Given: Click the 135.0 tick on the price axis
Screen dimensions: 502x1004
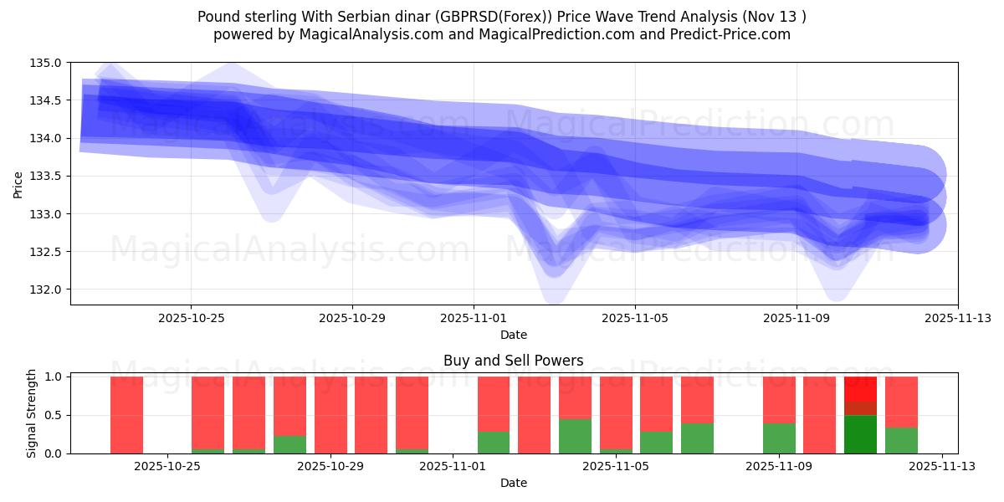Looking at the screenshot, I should pyautogui.click(x=46, y=63).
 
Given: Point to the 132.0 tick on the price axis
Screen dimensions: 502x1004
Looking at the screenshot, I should pyautogui.click(x=46, y=289).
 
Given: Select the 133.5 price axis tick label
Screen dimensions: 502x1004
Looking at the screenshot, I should pyautogui.click(x=46, y=176).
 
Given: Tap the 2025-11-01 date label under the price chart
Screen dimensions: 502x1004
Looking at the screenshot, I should pyautogui.click(x=474, y=318).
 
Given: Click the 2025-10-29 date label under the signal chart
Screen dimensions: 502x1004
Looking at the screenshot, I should pyautogui.click(x=331, y=467).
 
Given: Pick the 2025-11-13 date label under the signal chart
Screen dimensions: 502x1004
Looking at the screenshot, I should pyautogui.click(x=942, y=467).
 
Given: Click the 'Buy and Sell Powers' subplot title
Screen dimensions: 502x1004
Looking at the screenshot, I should pyautogui.click(x=513, y=361).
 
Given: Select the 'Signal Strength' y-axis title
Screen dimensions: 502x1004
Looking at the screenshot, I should pyautogui.click(x=33, y=413).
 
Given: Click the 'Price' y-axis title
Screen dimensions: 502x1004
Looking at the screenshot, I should pyautogui.click(x=18, y=183).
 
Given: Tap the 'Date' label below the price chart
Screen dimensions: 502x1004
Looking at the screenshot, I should pyautogui.click(x=513, y=335).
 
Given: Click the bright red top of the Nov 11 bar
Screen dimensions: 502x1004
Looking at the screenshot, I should pyautogui.click(x=860, y=388).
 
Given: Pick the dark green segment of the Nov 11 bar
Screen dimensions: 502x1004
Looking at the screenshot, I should pyautogui.click(x=860, y=434).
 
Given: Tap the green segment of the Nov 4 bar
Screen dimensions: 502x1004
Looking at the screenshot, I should pyautogui.click(x=616, y=451).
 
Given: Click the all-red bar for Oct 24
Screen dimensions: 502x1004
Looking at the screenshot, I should pyautogui.click(x=127, y=415).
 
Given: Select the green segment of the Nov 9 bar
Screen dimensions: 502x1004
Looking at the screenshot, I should pyautogui.click(x=779, y=438).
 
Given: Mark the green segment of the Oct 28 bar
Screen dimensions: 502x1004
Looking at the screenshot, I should pyautogui.click(x=290, y=444).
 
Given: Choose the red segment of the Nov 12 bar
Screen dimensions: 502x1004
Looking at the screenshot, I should pyautogui.click(x=901, y=402).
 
